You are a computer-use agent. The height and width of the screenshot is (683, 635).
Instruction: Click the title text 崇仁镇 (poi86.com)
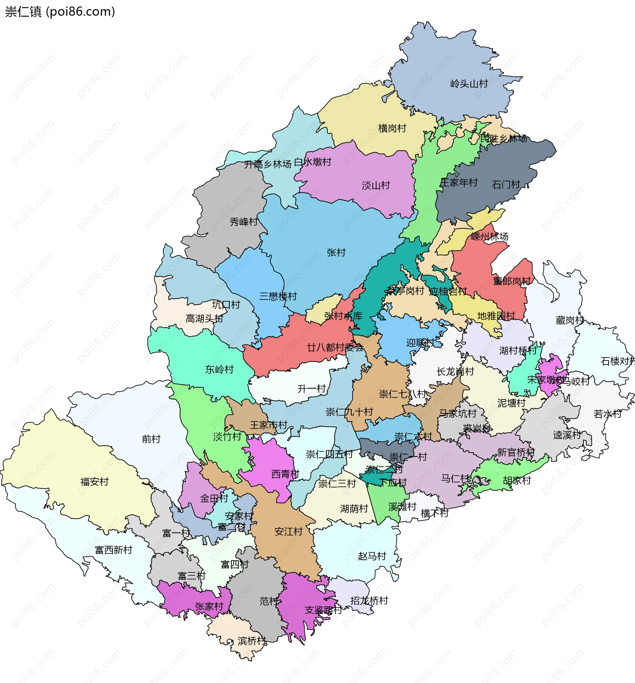[x=60, y=12]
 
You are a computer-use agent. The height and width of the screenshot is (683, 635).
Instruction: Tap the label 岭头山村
[x=469, y=83]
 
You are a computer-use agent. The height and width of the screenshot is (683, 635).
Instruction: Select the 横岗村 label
[x=392, y=128]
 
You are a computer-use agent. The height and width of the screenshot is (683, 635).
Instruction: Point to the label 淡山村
[x=376, y=186]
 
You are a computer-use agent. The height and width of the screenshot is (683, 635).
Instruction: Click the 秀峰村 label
[x=244, y=222]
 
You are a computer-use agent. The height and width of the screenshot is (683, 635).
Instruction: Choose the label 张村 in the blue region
[x=336, y=252]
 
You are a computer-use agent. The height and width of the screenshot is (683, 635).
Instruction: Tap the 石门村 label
[x=506, y=185]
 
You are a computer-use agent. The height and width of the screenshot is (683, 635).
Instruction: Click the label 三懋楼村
[x=278, y=296]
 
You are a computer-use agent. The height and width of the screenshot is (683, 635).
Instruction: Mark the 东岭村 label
[x=219, y=369]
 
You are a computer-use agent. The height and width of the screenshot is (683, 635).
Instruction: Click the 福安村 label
[x=95, y=482]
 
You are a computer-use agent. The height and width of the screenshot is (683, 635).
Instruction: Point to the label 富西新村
[x=113, y=550]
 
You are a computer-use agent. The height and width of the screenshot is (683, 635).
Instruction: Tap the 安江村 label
[x=288, y=532]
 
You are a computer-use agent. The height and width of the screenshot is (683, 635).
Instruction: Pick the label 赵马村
[x=372, y=556]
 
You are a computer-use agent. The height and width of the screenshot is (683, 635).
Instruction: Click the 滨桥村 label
[x=252, y=641]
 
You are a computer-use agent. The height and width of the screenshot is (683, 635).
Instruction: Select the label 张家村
[x=209, y=606]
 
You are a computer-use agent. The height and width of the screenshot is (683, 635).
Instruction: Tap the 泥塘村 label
[x=511, y=403]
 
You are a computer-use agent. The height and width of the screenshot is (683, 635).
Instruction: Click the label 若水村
[x=607, y=414]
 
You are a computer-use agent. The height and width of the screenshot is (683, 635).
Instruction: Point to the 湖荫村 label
[x=354, y=508]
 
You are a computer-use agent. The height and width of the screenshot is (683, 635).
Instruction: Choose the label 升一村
[x=311, y=389]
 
